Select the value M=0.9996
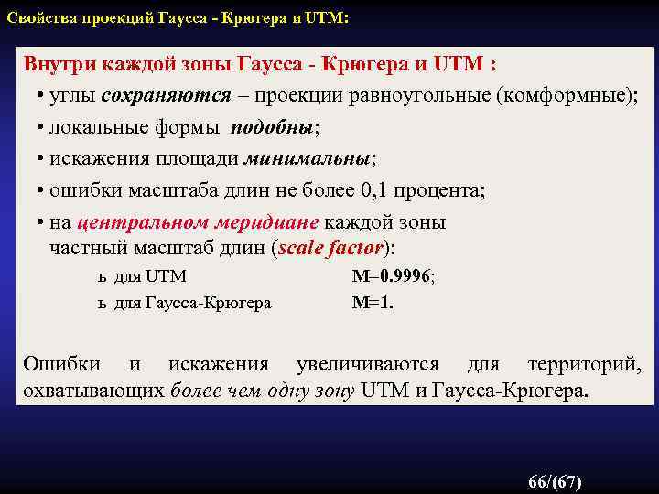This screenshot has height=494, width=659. pos(394,276)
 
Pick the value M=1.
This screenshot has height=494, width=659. pos(373,303)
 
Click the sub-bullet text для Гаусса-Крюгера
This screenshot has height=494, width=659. pos(192,303)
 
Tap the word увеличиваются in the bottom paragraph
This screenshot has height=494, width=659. pos(366,364)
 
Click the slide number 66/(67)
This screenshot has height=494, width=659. pos(555,481)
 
